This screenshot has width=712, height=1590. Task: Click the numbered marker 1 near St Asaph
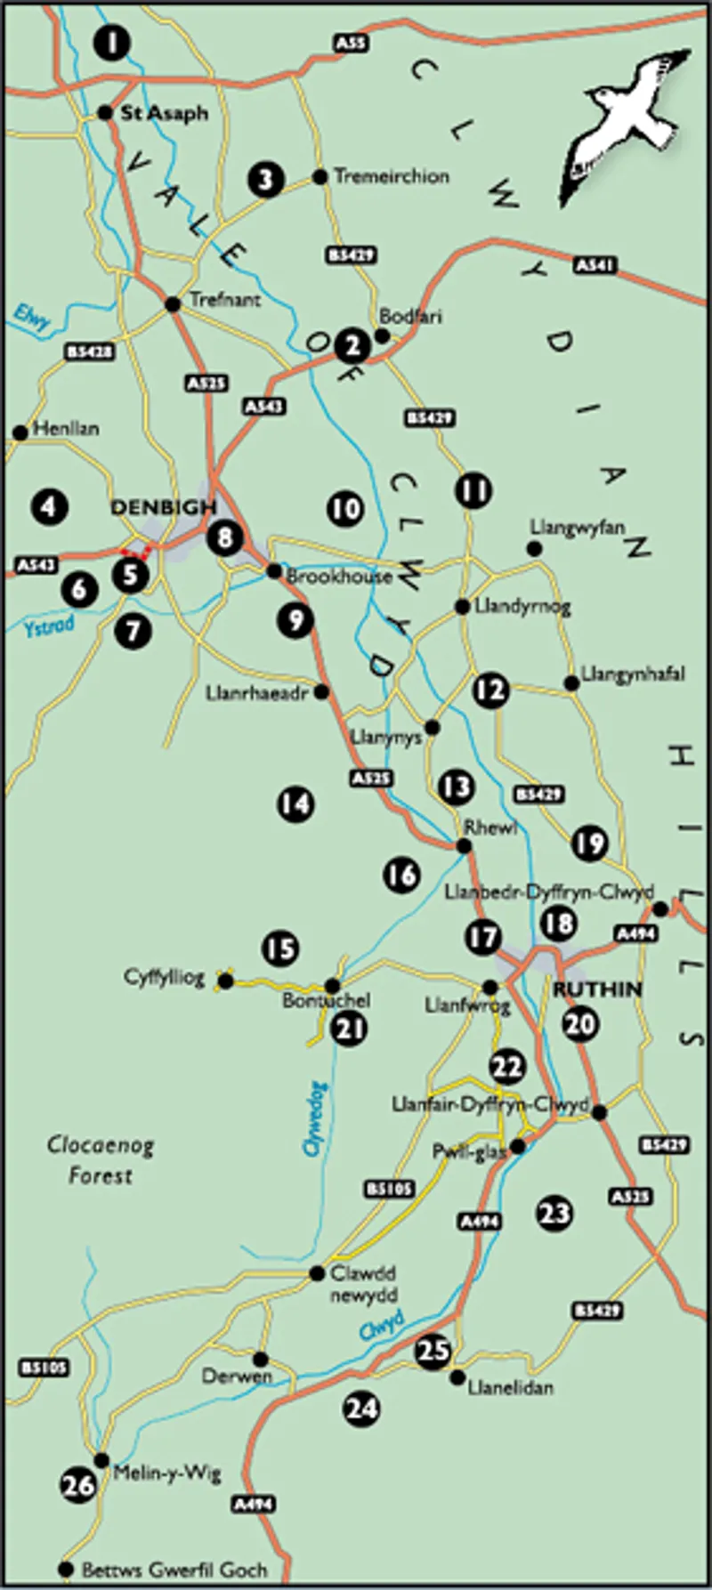(x=111, y=42)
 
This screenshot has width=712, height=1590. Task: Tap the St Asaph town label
(x=165, y=113)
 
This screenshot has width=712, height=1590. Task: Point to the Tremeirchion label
(x=391, y=176)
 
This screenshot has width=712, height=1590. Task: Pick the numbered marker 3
(x=266, y=180)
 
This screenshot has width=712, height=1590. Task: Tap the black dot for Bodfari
(x=381, y=335)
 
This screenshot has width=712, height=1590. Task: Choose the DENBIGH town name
(x=163, y=507)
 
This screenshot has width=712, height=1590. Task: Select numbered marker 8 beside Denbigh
(x=224, y=537)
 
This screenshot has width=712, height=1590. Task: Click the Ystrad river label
(x=48, y=626)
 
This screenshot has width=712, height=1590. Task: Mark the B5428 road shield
(x=90, y=352)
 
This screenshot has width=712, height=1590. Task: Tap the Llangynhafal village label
(x=632, y=674)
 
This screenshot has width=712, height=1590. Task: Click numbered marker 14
(x=295, y=803)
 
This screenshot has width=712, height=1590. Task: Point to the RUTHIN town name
(x=597, y=989)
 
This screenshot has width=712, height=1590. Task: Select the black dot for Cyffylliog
(x=226, y=981)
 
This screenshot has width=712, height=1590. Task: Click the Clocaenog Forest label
(x=101, y=1160)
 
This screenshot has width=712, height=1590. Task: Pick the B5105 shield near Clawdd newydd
(x=389, y=1189)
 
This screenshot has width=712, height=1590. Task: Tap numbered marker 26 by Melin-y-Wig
(x=78, y=1484)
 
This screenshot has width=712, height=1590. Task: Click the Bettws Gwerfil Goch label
(x=174, y=1570)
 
